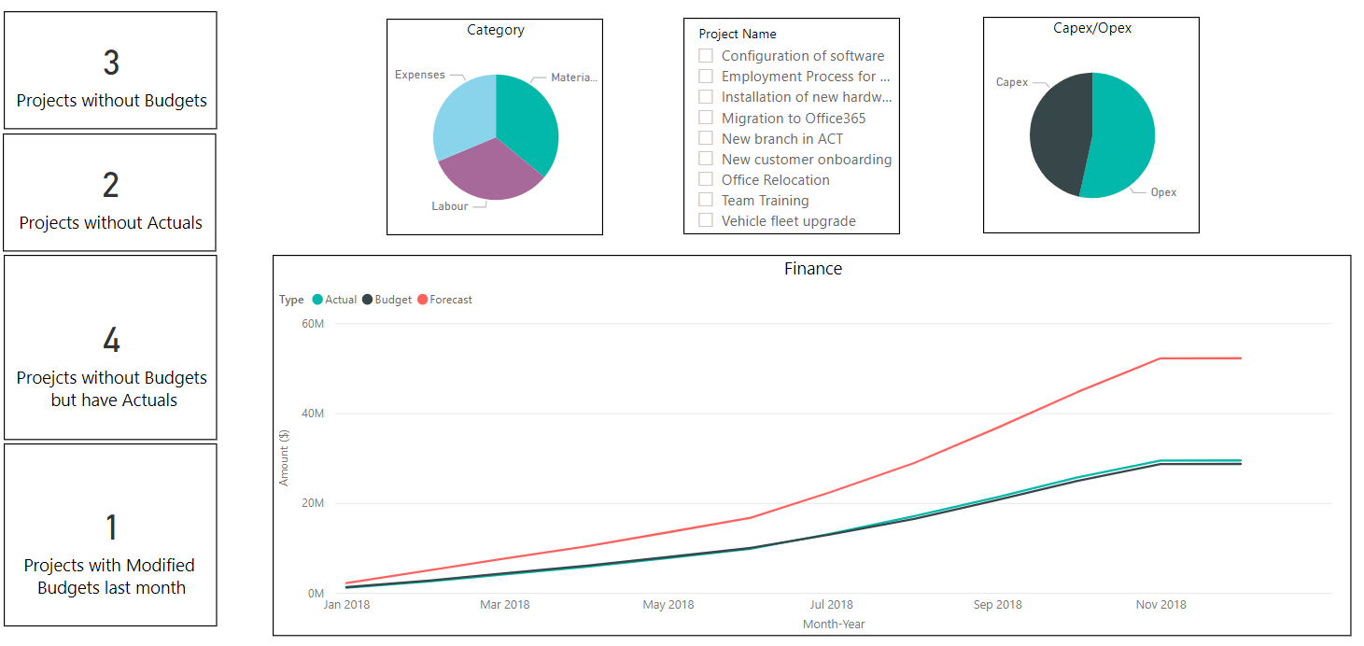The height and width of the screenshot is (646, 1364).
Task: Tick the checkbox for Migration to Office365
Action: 706,118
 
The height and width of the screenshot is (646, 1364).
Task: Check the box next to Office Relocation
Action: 706,179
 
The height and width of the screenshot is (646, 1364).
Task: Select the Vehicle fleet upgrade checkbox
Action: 706,220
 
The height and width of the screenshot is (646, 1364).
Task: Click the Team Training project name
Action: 765,200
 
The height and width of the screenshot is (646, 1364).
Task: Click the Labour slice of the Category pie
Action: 487,173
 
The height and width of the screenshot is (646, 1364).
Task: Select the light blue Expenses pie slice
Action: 461,112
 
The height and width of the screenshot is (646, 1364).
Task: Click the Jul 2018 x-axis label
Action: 830,605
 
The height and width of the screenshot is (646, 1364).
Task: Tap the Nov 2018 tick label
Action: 1160,605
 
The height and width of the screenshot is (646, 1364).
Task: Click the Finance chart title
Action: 812,269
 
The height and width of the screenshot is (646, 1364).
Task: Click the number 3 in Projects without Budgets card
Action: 111,63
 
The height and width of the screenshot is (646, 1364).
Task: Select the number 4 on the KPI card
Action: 111,341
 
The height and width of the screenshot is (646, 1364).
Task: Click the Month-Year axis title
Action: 834,624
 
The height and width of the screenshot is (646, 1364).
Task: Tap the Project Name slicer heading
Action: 737,34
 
